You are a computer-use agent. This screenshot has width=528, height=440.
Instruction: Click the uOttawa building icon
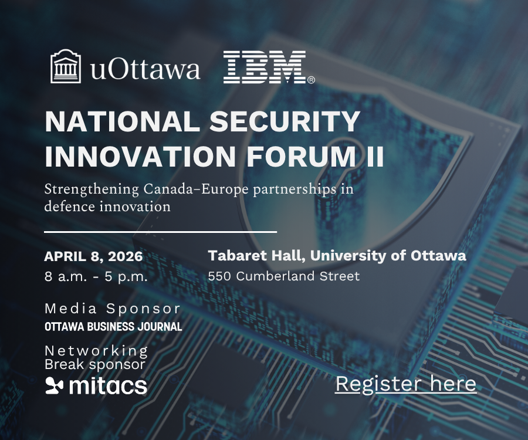tap(66, 66)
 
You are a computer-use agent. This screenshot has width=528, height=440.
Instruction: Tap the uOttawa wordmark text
tap(145, 69)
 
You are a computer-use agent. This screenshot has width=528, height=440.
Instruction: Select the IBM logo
tap(269, 67)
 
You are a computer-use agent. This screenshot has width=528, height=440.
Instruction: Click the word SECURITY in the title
tap(285, 121)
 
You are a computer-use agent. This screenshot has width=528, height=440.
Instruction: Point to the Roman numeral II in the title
tap(375, 156)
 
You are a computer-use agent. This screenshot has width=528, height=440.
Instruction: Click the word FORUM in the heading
tap(302, 156)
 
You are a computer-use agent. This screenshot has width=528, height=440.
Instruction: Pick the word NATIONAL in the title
tap(123, 121)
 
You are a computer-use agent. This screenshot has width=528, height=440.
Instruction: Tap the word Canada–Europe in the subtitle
tap(196, 189)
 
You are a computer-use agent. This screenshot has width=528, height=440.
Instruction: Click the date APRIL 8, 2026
tap(93, 256)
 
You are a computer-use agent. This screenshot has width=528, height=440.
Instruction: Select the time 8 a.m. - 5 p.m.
tap(96, 277)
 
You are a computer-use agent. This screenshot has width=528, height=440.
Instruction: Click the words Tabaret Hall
tap(256, 256)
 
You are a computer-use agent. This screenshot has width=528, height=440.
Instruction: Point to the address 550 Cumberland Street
tap(284, 276)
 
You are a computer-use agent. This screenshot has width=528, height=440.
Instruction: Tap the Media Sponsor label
tap(113, 309)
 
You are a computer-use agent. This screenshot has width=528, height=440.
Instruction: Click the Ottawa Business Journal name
tap(113, 327)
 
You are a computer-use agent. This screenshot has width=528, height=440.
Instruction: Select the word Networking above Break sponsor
tap(96, 351)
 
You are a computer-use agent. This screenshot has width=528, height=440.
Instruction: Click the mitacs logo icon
tap(54, 386)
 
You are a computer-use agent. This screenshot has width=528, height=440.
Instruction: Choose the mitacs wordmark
tap(108, 386)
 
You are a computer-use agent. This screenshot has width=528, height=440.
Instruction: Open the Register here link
tap(406, 384)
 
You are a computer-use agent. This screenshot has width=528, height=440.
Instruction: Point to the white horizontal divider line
tap(160, 232)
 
